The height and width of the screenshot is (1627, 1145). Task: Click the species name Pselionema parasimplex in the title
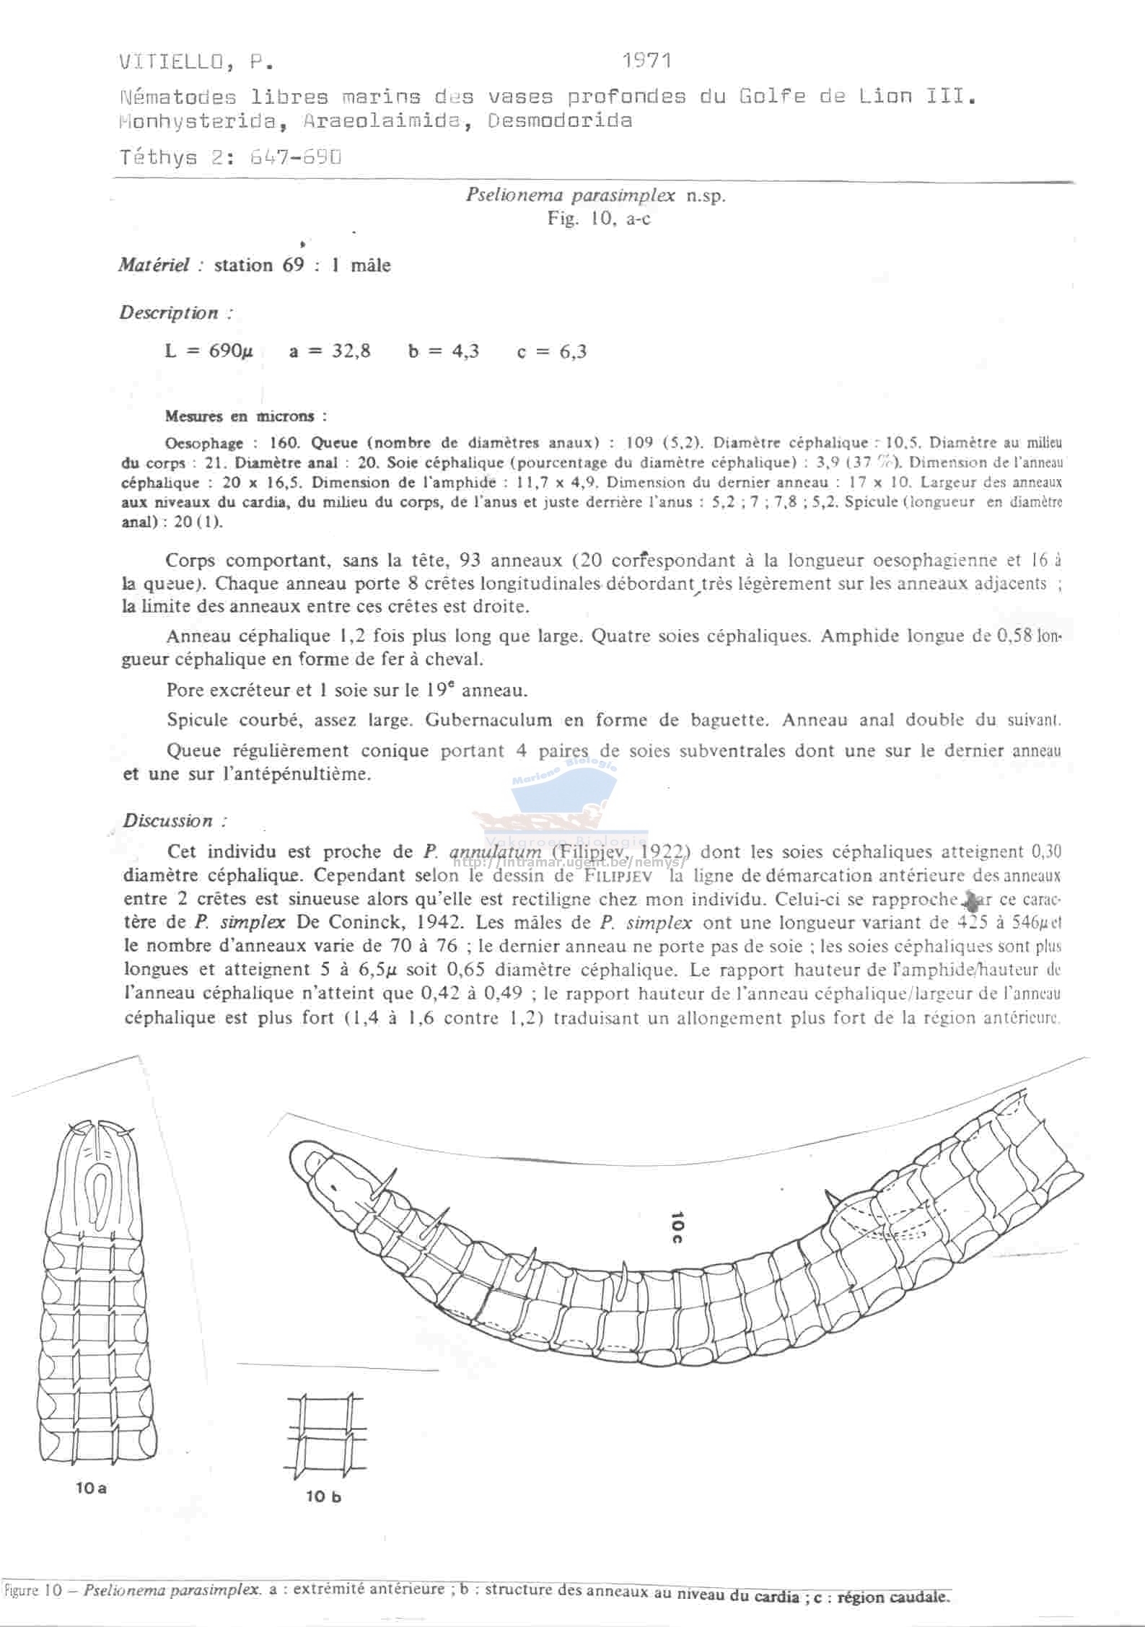(570, 195)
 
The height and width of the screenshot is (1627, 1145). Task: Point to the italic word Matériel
(155, 266)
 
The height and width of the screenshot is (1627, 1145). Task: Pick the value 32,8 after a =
(351, 352)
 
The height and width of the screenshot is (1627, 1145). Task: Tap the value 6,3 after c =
(572, 352)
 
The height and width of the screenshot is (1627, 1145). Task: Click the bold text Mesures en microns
(245, 416)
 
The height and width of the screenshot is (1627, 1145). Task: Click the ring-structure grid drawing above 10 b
(322, 1433)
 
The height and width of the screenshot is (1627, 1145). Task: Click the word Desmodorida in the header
(560, 120)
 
